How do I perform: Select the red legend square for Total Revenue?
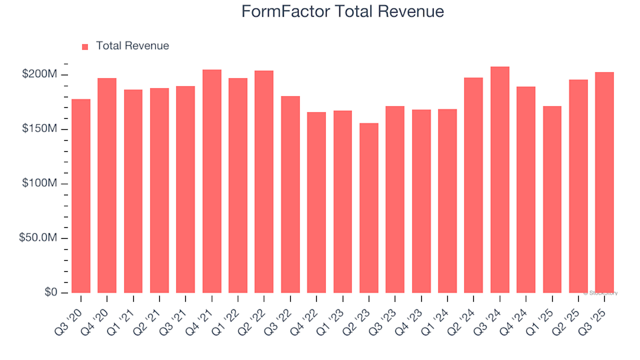pos(85,47)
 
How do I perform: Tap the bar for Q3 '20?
pos(81,196)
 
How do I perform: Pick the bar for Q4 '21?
pos(212,181)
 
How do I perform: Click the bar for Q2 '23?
pos(369,208)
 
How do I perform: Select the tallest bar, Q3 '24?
pos(500,180)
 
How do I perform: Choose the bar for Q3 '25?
pos(604,183)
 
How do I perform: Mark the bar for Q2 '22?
pos(264,182)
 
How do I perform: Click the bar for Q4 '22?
pos(317,203)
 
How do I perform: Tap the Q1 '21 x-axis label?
pos(127,308)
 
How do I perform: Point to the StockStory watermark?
pos(601,293)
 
